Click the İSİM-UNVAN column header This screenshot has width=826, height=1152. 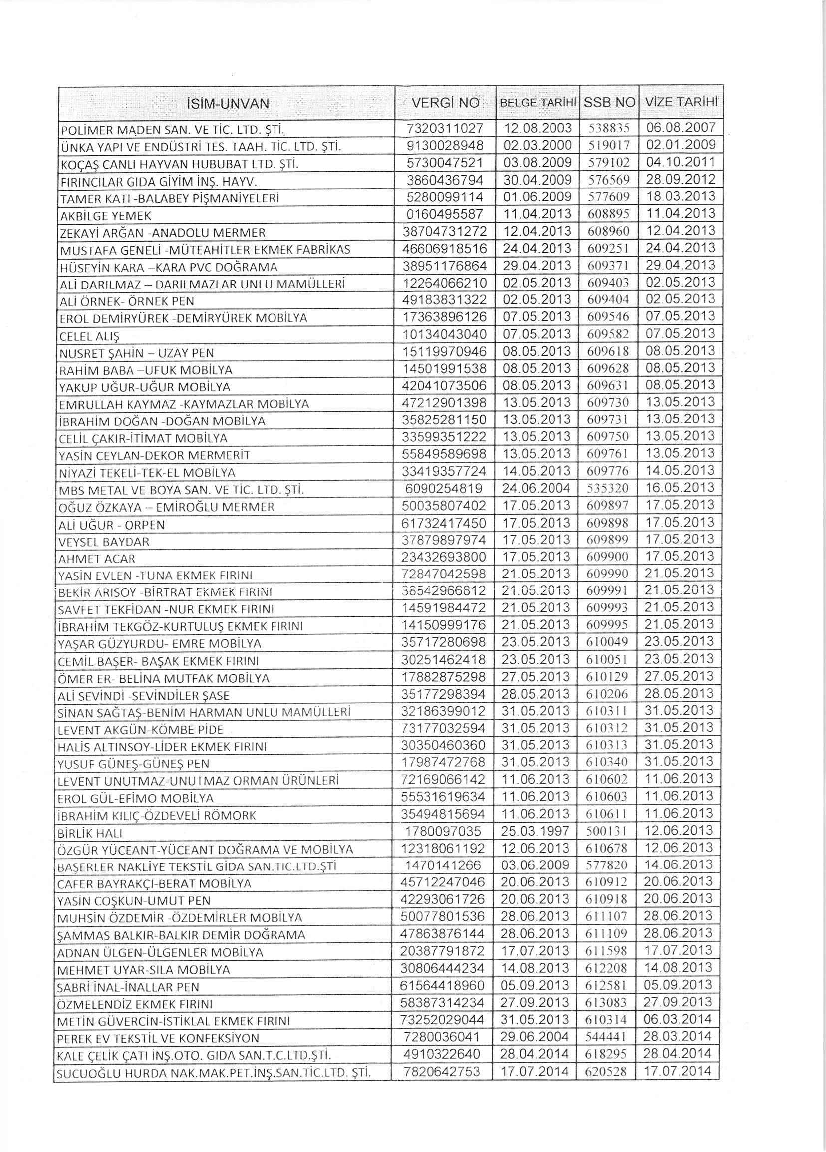point(228,104)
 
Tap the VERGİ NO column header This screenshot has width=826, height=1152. point(445,103)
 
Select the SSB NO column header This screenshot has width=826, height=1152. point(609,103)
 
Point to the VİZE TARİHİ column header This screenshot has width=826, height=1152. point(681,102)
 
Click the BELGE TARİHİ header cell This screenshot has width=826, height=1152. point(538,103)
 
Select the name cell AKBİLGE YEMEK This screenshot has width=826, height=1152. point(106,216)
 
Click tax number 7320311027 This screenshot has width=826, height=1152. point(445,128)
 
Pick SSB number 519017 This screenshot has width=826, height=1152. point(608,145)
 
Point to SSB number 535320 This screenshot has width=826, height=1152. point(608,489)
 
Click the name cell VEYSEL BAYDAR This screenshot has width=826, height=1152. point(105,542)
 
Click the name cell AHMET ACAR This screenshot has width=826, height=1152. point(97,559)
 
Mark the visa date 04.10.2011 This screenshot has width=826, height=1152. point(680,162)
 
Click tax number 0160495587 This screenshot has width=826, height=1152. point(445,214)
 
